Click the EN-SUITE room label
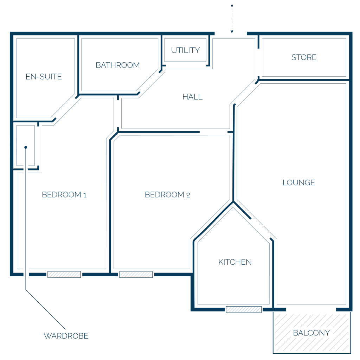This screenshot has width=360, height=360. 44,77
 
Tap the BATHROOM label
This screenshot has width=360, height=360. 118,65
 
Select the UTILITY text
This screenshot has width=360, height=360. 186,50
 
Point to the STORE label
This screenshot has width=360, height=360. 304,57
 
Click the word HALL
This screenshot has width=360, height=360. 193,97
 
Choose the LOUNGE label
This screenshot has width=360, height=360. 299,183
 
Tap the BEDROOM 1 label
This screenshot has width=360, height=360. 64,195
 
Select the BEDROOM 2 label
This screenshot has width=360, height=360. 167,195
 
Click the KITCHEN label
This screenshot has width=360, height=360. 235,262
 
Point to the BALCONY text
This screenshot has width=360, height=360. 311,333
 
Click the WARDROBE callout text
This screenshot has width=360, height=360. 66,336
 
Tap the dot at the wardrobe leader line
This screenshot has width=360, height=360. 26,147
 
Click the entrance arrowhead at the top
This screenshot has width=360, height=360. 232,32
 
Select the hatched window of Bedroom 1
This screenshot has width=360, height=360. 64,274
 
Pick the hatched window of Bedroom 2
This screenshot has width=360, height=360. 136,274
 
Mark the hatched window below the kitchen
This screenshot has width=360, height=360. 244,309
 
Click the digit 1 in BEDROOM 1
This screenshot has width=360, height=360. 85,195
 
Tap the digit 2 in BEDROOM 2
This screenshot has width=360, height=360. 188,195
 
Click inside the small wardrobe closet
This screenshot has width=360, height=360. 26,145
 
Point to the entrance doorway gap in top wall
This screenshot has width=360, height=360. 231,33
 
